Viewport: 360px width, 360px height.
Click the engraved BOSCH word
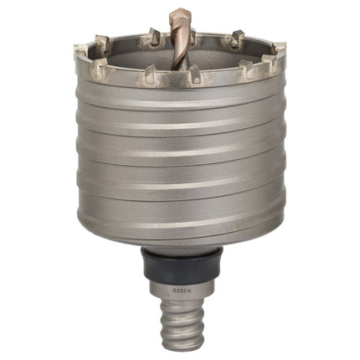click(182, 291)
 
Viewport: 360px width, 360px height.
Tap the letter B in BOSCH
click(174, 291)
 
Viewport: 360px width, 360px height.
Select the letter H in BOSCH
click(189, 291)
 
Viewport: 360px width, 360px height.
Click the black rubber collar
click(183, 265)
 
